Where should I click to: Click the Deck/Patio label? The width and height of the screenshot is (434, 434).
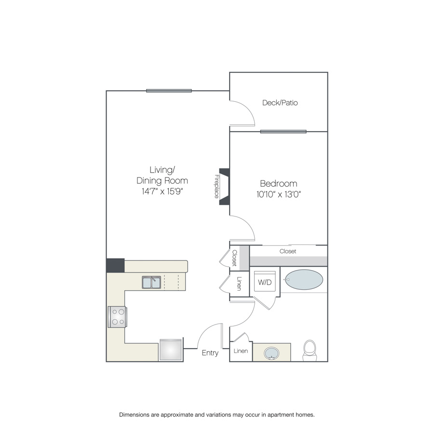(280, 103)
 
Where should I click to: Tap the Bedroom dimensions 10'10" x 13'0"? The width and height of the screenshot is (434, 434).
(278, 194)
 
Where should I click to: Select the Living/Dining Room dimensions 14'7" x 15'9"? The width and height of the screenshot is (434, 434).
(162, 191)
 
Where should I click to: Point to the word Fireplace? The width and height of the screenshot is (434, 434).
(217, 186)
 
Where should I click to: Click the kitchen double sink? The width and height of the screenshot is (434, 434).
(151, 282)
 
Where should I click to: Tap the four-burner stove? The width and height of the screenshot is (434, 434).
(117, 317)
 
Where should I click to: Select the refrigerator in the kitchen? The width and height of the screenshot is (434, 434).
(171, 350)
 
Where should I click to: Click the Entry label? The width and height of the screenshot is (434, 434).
(210, 353)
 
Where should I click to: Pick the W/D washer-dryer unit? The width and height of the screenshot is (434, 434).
(265, 282)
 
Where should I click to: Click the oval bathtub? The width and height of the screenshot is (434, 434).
(304, 280)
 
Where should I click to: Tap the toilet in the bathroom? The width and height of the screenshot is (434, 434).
(310, 351)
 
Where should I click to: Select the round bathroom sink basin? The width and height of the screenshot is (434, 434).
(271, 353)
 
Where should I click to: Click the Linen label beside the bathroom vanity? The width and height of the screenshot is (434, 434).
(241, 351)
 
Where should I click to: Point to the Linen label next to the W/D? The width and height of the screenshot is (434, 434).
(239, 284)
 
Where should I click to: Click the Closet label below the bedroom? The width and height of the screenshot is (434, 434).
(288, 251)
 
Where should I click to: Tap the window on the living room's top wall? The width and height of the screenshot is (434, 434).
(169, 91)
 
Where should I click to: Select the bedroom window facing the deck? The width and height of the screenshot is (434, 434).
(283, 132)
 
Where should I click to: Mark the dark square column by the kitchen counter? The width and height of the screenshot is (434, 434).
(115, 265)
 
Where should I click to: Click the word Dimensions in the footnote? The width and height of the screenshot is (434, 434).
(134, 415)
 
